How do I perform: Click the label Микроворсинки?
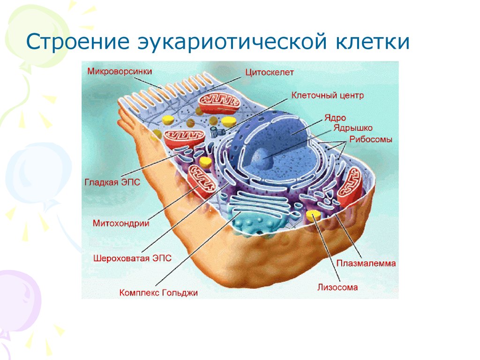tap(120, 71)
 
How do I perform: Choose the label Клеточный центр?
tap(327, 95)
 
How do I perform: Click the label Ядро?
tap(335, 118)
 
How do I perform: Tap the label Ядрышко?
tap(353, 128)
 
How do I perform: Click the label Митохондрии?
tap(121, 223)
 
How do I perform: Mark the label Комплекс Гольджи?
tap(158, 292)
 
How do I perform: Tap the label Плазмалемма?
tap(366, 263)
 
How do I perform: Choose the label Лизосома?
tap(337, 287)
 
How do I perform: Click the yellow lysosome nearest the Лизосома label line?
tap(313, 215)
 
